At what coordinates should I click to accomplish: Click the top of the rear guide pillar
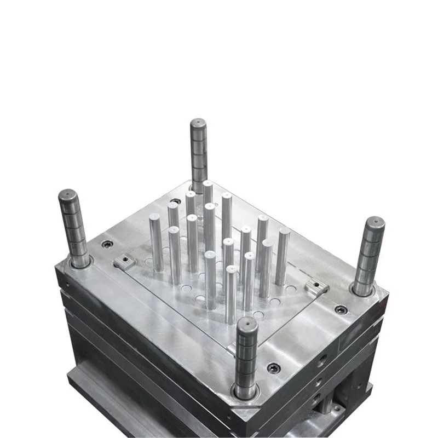(x=198, y=123)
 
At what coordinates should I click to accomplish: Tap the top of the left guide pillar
(x=68, y=195)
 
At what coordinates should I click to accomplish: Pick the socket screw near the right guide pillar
(x=341, y=309)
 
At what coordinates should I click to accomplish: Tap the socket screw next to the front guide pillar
(x=273, y=367)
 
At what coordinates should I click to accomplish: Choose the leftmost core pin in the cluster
(x=156, y=244)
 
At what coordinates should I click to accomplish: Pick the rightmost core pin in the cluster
(x=283, y=257)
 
